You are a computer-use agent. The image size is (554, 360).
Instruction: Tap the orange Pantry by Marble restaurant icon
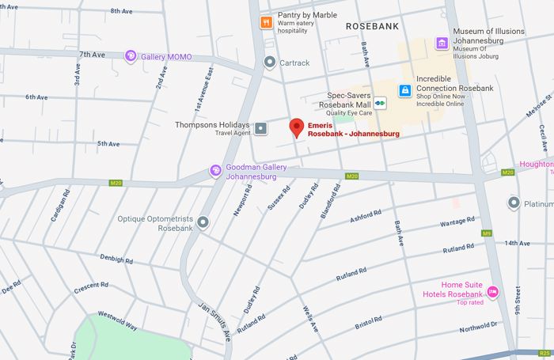click(267, 21)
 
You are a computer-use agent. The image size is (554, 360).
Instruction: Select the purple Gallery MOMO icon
click(131, 56)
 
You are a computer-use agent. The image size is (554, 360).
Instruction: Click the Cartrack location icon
click(270, 62)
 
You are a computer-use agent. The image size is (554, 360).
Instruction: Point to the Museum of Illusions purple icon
click(442, 43)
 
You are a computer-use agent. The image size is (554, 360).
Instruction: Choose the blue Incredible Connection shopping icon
click(404, 90)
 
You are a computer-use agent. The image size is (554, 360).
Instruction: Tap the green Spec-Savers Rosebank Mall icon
click(381, 102)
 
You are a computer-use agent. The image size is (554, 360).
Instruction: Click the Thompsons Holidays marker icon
click(260, 126)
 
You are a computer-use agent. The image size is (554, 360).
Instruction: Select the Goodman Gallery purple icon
click(214, 170)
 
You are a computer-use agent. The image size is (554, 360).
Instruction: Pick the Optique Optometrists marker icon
click(203, 223)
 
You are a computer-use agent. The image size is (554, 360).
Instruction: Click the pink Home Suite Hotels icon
click(492, 292)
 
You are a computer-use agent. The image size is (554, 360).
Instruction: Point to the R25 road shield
click(544, 353)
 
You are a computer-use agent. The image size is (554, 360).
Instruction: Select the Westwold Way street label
click(117, 320)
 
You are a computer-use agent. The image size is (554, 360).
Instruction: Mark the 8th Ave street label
click(121, 11)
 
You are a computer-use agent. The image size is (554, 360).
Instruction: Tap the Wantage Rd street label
click(457, 222)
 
